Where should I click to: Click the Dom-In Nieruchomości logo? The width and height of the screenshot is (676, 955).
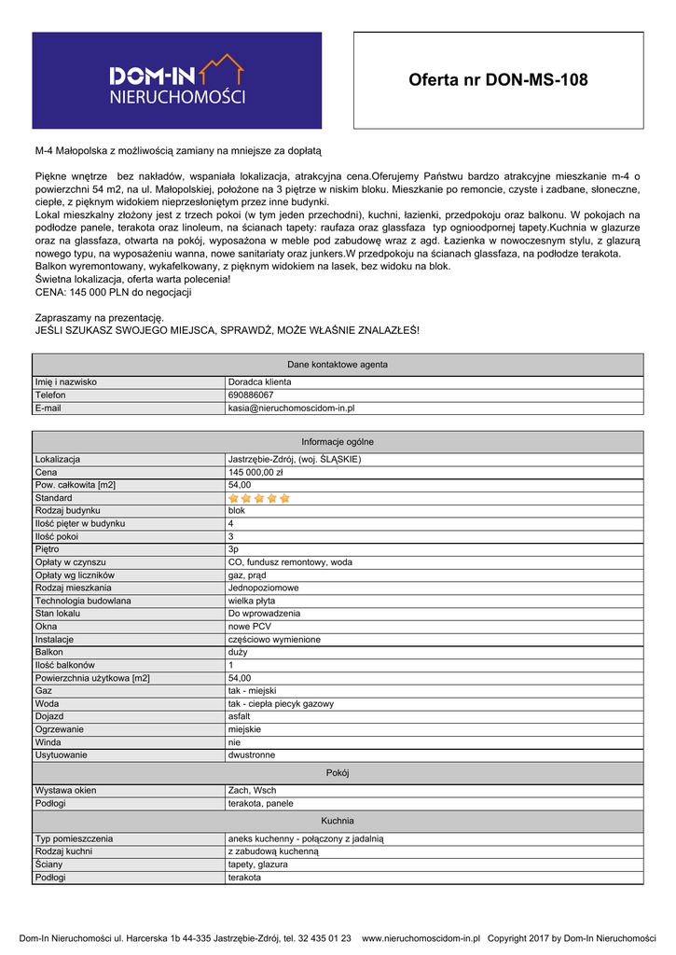click(x=177, y=80)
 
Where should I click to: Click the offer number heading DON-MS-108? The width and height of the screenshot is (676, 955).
click(x=498, y=80)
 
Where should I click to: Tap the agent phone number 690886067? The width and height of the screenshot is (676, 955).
click(x=251, y=394)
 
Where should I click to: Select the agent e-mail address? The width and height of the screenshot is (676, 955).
click(x=291, y=408)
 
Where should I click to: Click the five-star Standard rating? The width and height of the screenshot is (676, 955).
click(x=259, y=498)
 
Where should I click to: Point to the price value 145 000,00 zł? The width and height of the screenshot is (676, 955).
click(x=255, y=472)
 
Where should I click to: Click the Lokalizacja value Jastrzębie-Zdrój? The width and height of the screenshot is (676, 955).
click(x=294, y=459)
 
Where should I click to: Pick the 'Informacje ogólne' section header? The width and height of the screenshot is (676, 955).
click(x=338, y=441)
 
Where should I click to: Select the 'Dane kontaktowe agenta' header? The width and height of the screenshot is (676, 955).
click(x=338, y=364)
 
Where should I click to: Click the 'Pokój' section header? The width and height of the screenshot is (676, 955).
click(x=338, y=772)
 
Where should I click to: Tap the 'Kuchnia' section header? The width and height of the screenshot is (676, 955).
click(x=338, y=821)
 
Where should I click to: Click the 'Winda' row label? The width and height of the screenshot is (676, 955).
click(x=47, y=741)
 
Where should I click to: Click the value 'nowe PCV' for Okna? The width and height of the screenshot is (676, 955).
click(x=249, y=627)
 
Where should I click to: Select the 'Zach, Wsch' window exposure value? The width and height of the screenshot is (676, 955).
click(x=252, y=790)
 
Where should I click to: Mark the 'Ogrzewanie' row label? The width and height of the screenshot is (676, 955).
click(x=60, y=729)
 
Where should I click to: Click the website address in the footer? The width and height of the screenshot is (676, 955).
click(x=420, y=938)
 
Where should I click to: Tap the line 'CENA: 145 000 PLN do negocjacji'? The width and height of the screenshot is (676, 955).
click(x=113, y=292)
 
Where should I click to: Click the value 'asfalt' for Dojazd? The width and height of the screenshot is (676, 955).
click(x=239, y=716)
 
